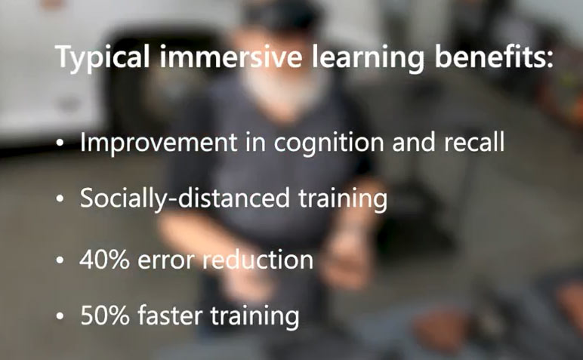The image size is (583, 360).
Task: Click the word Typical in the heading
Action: (x=103, y=57)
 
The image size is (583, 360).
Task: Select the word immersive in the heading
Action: (x=230, y=57)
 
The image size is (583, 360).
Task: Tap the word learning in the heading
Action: (x=367, y=58)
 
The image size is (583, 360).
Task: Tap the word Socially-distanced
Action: (x=185, y=198)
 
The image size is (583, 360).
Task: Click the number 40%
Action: (x=104, y=260)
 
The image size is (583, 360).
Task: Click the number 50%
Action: (x=105, y=315)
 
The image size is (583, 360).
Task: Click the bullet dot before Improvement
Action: (x=60, y=143)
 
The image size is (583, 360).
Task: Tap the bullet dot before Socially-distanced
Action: (x=60, y=199)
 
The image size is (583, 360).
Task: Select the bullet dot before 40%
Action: (x=60, y=260)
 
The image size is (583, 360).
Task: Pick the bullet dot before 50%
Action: (x=60, y=315)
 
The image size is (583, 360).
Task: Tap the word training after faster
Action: (x=255, y=316)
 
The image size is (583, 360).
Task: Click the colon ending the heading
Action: (x=550, y=60)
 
